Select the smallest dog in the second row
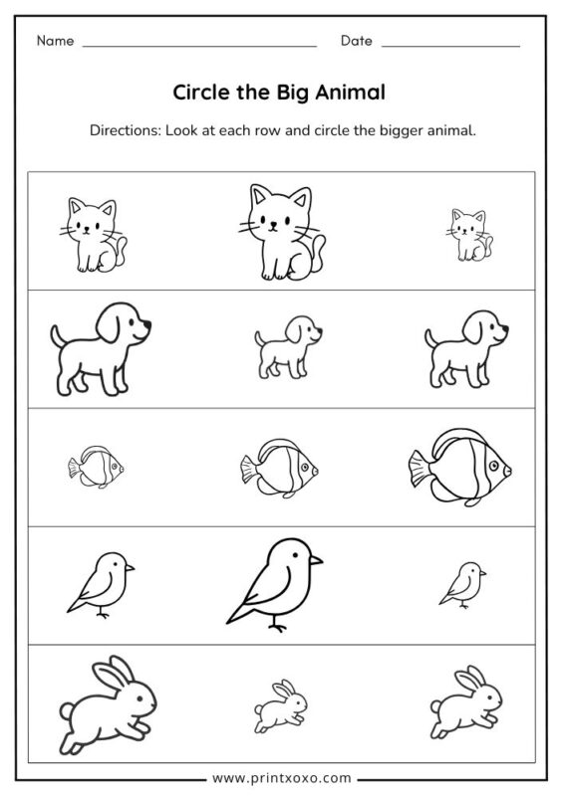tap(286, 345)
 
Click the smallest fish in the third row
tap(96, 468)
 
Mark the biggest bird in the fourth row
tap(274, 581)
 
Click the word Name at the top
tap(56, 41)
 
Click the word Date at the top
tap(356, 41)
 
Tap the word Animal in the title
tap(349, 93)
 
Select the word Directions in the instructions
tap(124, 130)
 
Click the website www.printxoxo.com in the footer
tap(282, 776)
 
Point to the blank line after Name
tap(199, 46)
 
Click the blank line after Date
tap(450, 46)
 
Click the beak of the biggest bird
tap(316, 561)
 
